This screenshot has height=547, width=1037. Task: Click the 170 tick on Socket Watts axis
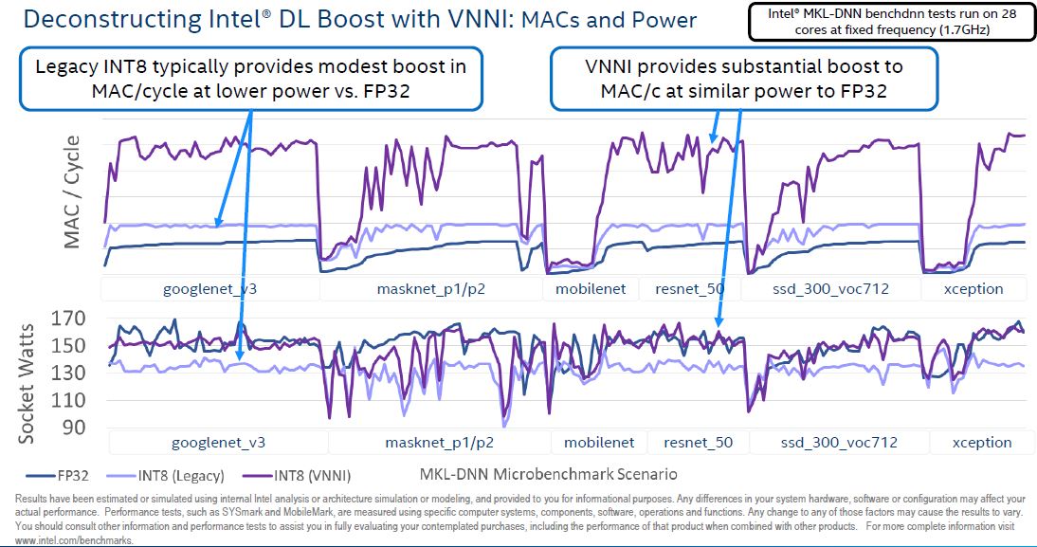point(69,319)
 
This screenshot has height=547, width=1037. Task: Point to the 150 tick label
point(69,346)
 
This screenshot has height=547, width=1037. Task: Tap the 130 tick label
point(69,374)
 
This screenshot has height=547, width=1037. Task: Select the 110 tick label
point(69,401)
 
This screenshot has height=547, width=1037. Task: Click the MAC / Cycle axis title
point(73,192)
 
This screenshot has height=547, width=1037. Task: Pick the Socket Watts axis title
point(27,383)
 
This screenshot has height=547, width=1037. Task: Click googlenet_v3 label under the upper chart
point(209,288)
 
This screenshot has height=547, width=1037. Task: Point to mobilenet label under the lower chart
point(599,442)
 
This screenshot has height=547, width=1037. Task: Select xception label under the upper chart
point(973,288)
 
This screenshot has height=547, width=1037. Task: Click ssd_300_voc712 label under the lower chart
point(838,442)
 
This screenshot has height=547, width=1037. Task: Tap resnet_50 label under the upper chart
point(689,288)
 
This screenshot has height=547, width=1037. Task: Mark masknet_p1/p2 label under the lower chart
point(439,442)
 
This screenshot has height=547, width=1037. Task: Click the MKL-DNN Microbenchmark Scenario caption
point(547,473)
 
